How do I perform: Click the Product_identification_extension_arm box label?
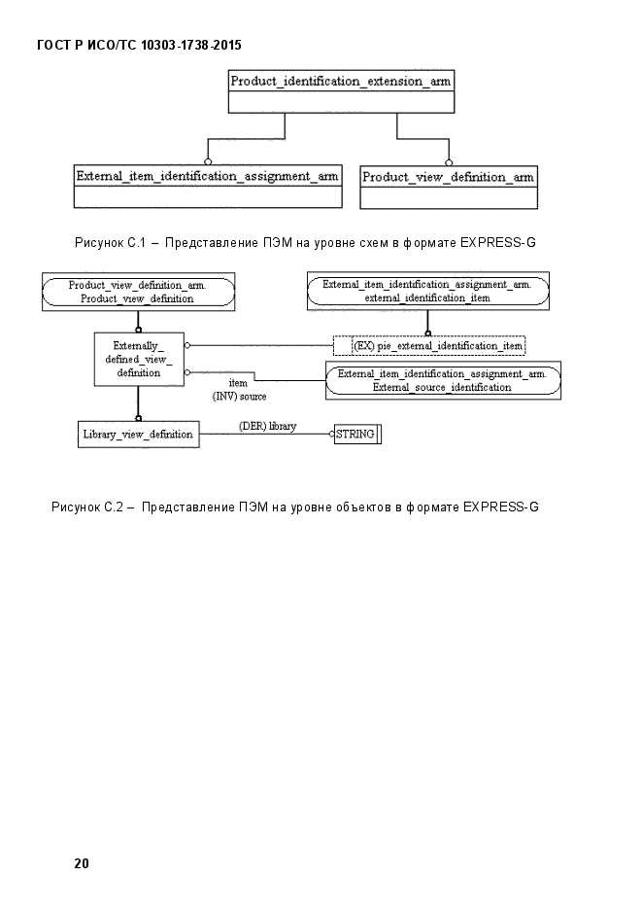[x=340, y=81]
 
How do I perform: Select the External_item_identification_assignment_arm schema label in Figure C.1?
[x=207, y=176]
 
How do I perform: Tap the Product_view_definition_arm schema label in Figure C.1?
[x=448, y=177]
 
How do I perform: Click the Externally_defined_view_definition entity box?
[x=139, y=360]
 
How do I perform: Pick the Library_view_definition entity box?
[x=138, y=435]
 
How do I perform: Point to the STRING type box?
[x=357, y=434]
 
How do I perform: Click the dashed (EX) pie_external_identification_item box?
[x=429, y=346]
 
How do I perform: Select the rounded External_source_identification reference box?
[x=443, y=381]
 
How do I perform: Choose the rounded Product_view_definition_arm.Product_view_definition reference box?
[x=138, y=292]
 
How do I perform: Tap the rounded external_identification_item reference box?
[x=427, y=291]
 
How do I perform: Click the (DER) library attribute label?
[x=267, y=426]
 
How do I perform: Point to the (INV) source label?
[x=239, y=397]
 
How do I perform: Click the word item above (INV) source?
[x=238, y=383]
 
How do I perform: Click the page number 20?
[x=82, y=863]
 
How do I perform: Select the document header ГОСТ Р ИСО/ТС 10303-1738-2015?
[x=139, y=45]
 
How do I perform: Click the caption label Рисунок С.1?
[x=110, y=242]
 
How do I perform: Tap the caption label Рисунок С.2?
[x=87, y=507]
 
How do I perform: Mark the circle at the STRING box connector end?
[x=332, y=434]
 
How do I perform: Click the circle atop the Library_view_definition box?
[x=138, y=418]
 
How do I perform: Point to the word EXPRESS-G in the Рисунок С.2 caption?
[x=501, y=507]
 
